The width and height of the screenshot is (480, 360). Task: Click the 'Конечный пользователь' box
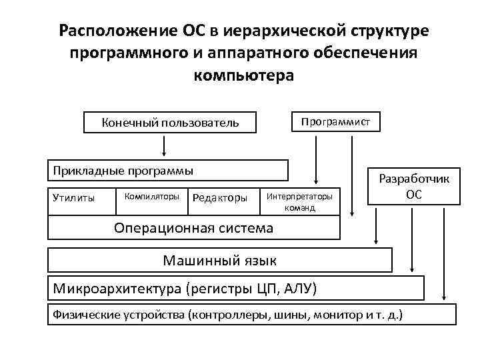[169, 123]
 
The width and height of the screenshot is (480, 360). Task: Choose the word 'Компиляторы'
[152, 197]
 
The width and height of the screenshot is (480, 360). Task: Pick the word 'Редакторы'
[219, 197]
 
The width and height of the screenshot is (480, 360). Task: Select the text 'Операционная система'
[193, 228]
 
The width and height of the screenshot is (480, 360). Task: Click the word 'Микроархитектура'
[118, 289]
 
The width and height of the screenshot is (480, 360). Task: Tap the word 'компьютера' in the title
[243, 75]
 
